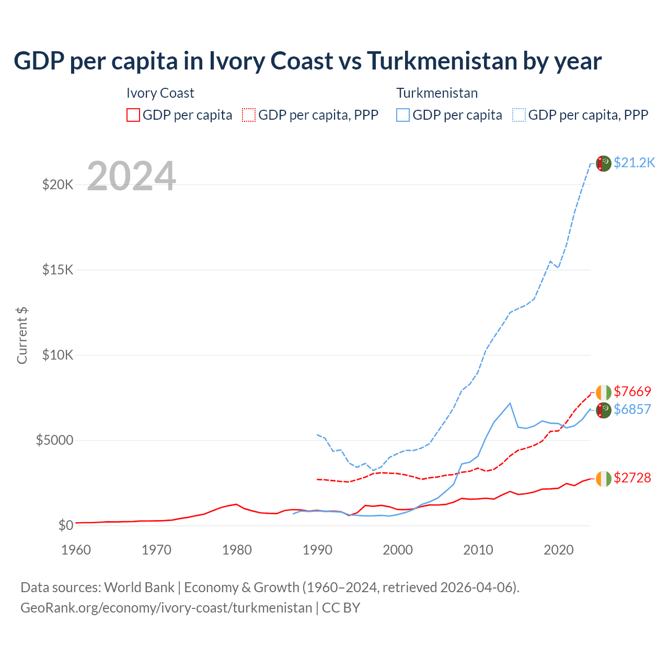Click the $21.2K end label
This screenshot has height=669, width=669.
(x=634, y=163)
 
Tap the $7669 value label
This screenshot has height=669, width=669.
(x=632, y=391)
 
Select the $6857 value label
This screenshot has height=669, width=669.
(x=632, y=409)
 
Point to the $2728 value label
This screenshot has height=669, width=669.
(x=632, y=478)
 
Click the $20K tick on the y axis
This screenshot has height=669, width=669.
(x=57, y=184)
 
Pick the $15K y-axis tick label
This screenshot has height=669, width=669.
(x=57, y=270)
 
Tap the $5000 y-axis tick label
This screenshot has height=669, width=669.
(x=54, y=440)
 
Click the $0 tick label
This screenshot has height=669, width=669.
(x=65, y=525)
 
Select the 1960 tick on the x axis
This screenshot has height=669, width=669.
(x=76, y=550)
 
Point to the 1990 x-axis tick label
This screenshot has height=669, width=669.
(x=317, y=550)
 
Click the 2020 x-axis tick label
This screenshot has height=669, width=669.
(x=559, y=550)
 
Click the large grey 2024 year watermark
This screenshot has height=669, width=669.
(x=131, y=177)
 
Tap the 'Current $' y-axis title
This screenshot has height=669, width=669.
(x=22, y=336)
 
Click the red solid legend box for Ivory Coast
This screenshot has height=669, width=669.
(x=133, y=115)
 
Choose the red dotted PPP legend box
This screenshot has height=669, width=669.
(x=249, y=115)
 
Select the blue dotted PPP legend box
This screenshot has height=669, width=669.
(x=519, y=115)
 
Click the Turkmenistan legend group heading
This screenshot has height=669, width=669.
(x=437, y=93)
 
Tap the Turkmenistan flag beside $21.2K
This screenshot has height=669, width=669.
(x=604, y=164)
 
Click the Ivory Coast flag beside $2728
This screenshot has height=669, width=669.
(x=604, y=478)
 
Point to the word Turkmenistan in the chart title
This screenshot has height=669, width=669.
(x=442, y=61)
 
